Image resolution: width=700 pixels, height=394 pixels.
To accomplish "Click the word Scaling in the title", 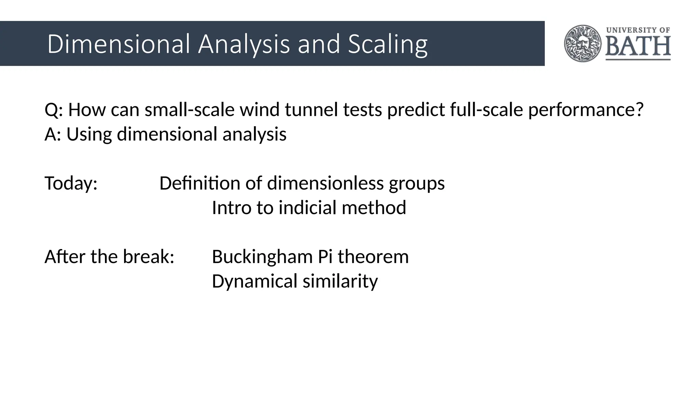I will [x=388, y=44].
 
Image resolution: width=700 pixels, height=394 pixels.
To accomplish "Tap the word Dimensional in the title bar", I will [x=118, y=44].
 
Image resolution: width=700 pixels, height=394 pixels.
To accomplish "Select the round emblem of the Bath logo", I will [x=583, y=43].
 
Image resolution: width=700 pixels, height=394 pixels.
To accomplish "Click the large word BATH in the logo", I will [x=638, y=47].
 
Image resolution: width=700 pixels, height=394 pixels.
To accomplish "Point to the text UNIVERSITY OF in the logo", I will [x=638, y=30].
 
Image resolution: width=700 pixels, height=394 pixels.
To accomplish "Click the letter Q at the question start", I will [x=51, y=110].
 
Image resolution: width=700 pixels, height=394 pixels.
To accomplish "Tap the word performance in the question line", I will [x=582, y=110].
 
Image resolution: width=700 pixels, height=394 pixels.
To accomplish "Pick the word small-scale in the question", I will [x=190, y=110].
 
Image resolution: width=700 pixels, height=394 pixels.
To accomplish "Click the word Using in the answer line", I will [x=89, y=134].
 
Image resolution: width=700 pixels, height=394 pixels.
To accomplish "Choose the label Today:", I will [x=71, y=183].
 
